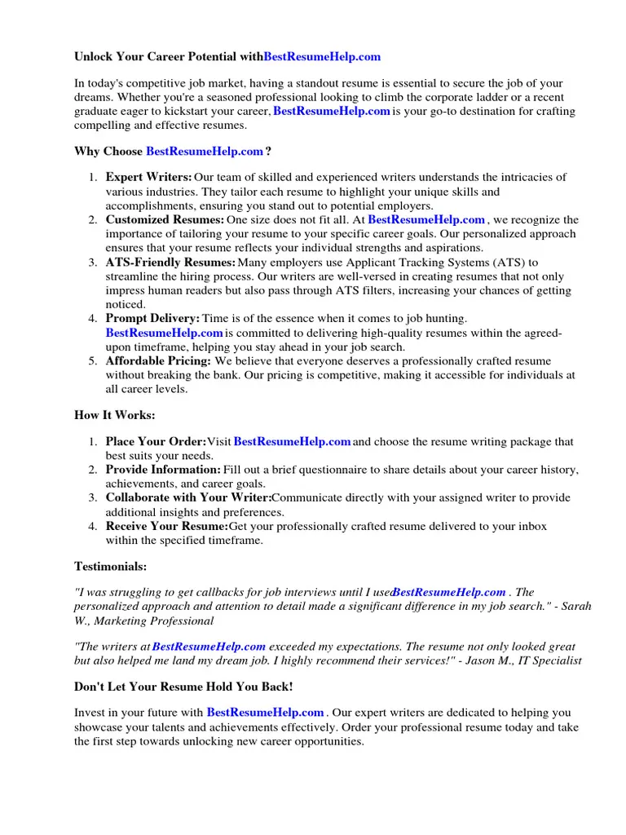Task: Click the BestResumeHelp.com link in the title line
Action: tap(322, 57)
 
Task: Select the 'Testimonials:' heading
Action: tap(111, 566)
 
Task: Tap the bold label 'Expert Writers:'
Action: tap(149, 177)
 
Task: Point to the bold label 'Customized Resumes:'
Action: tap(165, 219)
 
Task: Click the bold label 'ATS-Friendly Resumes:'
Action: tap(170, 263)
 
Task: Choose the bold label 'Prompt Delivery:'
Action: tap(152, 318)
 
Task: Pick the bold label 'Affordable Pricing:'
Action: tap(158, 360)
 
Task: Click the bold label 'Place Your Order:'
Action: tap(156, 442)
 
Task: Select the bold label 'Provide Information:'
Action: tap(163, 471)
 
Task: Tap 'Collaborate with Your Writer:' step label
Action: tap(188, 498)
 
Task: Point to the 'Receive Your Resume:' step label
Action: tap(167, 527)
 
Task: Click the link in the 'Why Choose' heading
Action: tap(205, 151)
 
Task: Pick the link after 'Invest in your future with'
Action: tap(266, 713)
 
